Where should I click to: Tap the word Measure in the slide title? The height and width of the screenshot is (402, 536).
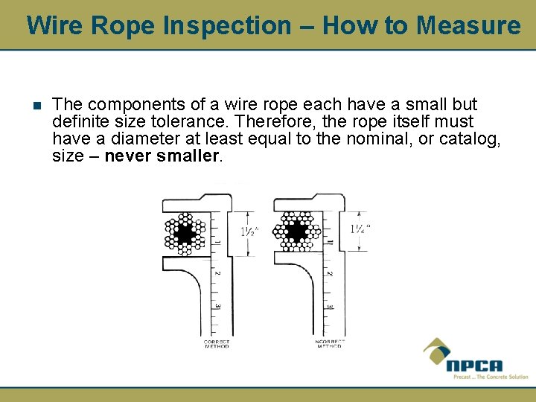coord(469,26)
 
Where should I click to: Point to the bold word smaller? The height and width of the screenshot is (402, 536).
coord(184,156)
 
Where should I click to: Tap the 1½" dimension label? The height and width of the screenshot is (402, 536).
coord(252,231)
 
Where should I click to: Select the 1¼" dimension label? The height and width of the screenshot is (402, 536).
coord(361,229)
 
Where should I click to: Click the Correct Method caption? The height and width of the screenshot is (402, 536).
coord(217,345)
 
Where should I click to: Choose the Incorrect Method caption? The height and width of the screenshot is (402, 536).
coord(328,345)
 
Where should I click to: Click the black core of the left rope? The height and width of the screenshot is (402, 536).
coord(184,233)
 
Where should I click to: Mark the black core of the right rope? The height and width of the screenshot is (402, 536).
coord(297,232)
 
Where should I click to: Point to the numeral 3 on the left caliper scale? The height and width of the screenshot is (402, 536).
coord(217,306)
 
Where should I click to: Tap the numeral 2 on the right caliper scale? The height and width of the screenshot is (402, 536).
coord(329,273)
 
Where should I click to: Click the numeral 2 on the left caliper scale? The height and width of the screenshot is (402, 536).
coord(217,273)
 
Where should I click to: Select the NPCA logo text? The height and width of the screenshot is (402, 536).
coord(474,366)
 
